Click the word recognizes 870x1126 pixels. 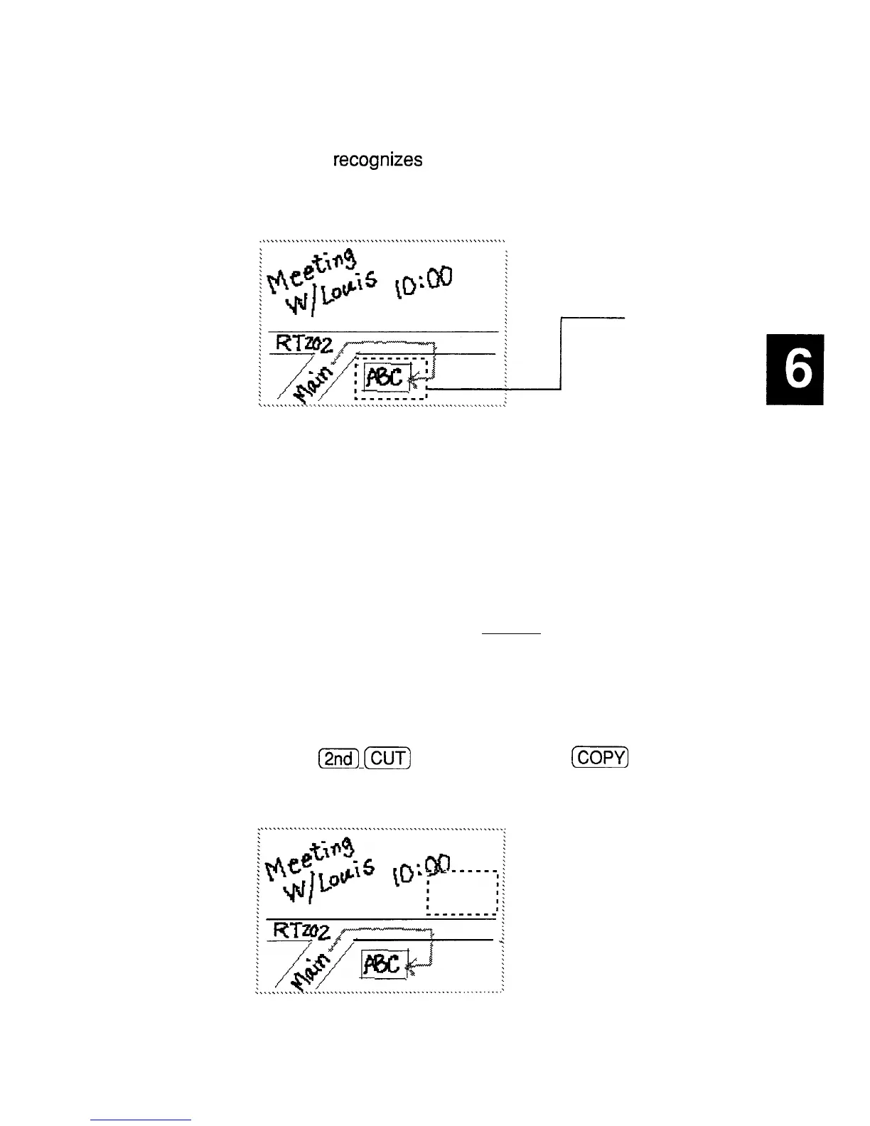(x=378, y=161)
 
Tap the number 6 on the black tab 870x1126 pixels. (x=795, y=370)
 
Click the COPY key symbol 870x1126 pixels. (x=599, y=758)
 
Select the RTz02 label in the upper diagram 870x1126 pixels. (x=304, y=344)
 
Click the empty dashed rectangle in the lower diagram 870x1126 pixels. (x=462, y=893)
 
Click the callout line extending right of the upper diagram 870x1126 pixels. (x=562, y=352)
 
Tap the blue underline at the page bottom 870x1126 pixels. (x=141, y=1120)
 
